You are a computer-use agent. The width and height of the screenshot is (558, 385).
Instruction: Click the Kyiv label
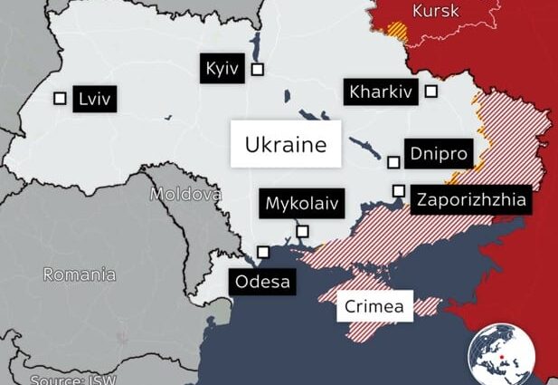[222, 70]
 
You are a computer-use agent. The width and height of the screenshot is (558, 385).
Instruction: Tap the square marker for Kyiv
[258, 69]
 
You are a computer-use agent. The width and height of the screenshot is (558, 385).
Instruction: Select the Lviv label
[95, 99]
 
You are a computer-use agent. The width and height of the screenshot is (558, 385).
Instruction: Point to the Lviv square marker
[61, 99]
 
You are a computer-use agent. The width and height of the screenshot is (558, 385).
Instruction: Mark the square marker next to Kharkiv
[431, 91]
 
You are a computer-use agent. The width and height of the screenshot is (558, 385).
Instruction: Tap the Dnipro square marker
[393, 162]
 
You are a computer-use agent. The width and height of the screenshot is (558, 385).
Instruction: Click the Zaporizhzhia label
[469, 200]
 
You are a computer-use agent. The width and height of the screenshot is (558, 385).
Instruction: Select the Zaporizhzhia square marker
[398, 190]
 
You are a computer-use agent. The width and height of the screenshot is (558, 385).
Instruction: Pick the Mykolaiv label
[302, 204]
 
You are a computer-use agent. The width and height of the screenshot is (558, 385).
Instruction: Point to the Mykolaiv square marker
[303, 232]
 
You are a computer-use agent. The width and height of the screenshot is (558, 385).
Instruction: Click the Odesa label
[263, 282]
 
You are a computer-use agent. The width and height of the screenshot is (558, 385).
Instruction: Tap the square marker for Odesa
[263, 252]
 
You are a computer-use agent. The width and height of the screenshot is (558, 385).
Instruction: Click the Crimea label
[375, 306]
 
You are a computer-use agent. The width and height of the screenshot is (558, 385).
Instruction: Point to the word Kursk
[435, 11]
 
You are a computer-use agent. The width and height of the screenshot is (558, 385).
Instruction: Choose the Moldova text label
[185, 194]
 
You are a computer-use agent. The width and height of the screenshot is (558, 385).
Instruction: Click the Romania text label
[80, 274]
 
